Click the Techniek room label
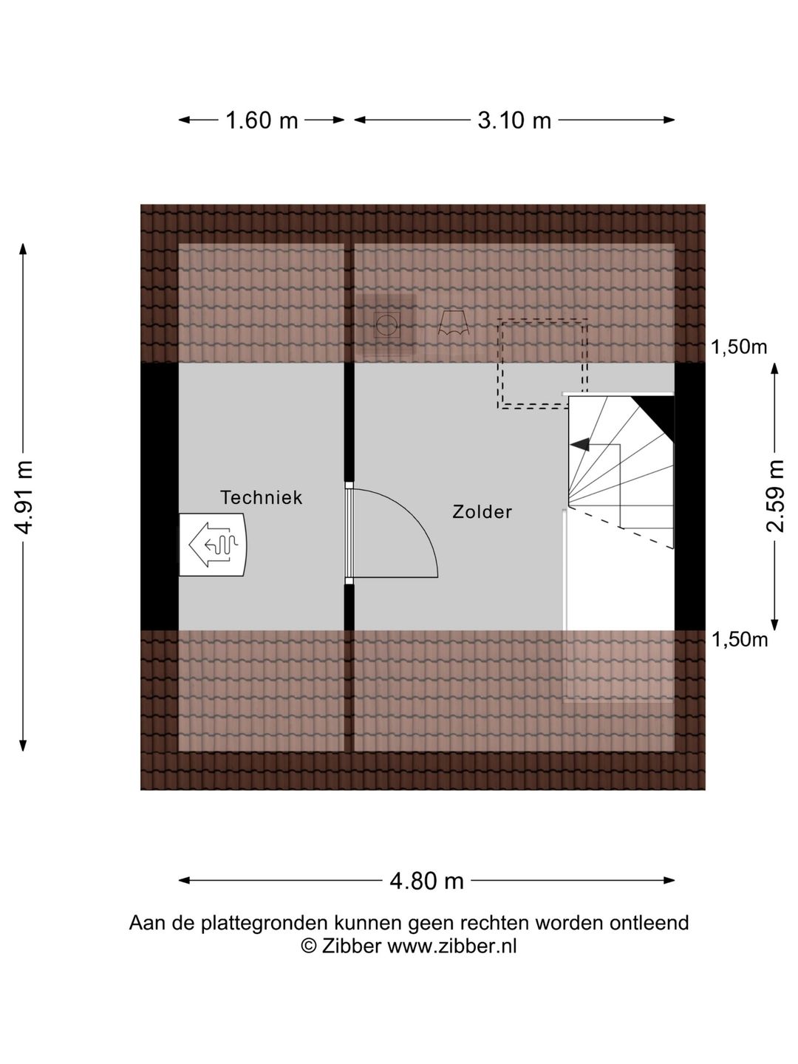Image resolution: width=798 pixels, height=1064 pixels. coord(261,497)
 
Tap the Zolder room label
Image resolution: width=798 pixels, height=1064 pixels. coord(482,512)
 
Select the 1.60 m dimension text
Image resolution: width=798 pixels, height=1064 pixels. coord(262,120)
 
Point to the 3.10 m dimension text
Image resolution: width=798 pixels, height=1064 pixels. coord(514,120)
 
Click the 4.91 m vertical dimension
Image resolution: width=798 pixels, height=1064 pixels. coord(23,497)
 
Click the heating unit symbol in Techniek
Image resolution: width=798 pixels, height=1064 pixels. coord(213,545)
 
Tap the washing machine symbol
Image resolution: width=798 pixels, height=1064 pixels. coord(386,324)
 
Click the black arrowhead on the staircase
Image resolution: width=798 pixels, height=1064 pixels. coord(580,444)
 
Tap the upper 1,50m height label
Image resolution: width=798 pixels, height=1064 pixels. coord(739,347)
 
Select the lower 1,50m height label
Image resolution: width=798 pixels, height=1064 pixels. coord(740,640)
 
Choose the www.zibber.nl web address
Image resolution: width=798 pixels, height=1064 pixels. coord(451,946)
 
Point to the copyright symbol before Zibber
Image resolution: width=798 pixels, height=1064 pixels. coord(309,946)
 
